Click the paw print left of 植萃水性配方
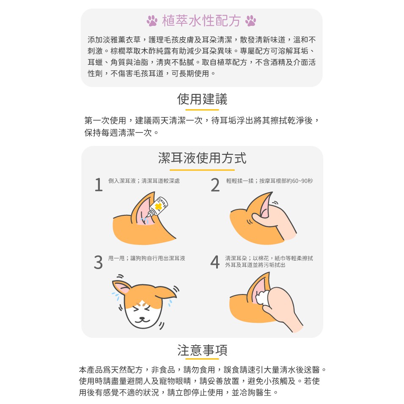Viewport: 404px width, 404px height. click(152, 21)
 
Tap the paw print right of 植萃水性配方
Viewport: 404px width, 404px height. click(250, 21)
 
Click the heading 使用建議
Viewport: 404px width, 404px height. click(202, 99)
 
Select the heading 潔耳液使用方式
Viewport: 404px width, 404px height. click(202, 158)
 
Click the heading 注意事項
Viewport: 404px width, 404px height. click(202, 350)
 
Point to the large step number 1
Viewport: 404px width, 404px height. click(99, 185)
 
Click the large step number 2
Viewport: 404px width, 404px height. click(215, 185)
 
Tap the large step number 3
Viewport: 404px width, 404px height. click(98, 262)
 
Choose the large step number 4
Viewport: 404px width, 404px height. click(215, 262)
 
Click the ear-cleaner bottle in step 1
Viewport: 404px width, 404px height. click(157, 207)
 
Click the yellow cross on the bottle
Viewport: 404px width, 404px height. click(158, 206)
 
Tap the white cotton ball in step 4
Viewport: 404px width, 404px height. click(263, 298)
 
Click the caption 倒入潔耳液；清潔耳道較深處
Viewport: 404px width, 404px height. click(144, 181)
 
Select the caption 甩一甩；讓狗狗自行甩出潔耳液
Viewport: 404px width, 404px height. click(147, 258)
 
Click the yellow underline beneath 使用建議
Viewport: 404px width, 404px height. click(202, 110)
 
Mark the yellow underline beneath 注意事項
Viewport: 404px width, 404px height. click(202, 359)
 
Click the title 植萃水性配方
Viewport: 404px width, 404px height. click(201, 21)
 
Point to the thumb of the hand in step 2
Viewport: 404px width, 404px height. click(260, 219)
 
